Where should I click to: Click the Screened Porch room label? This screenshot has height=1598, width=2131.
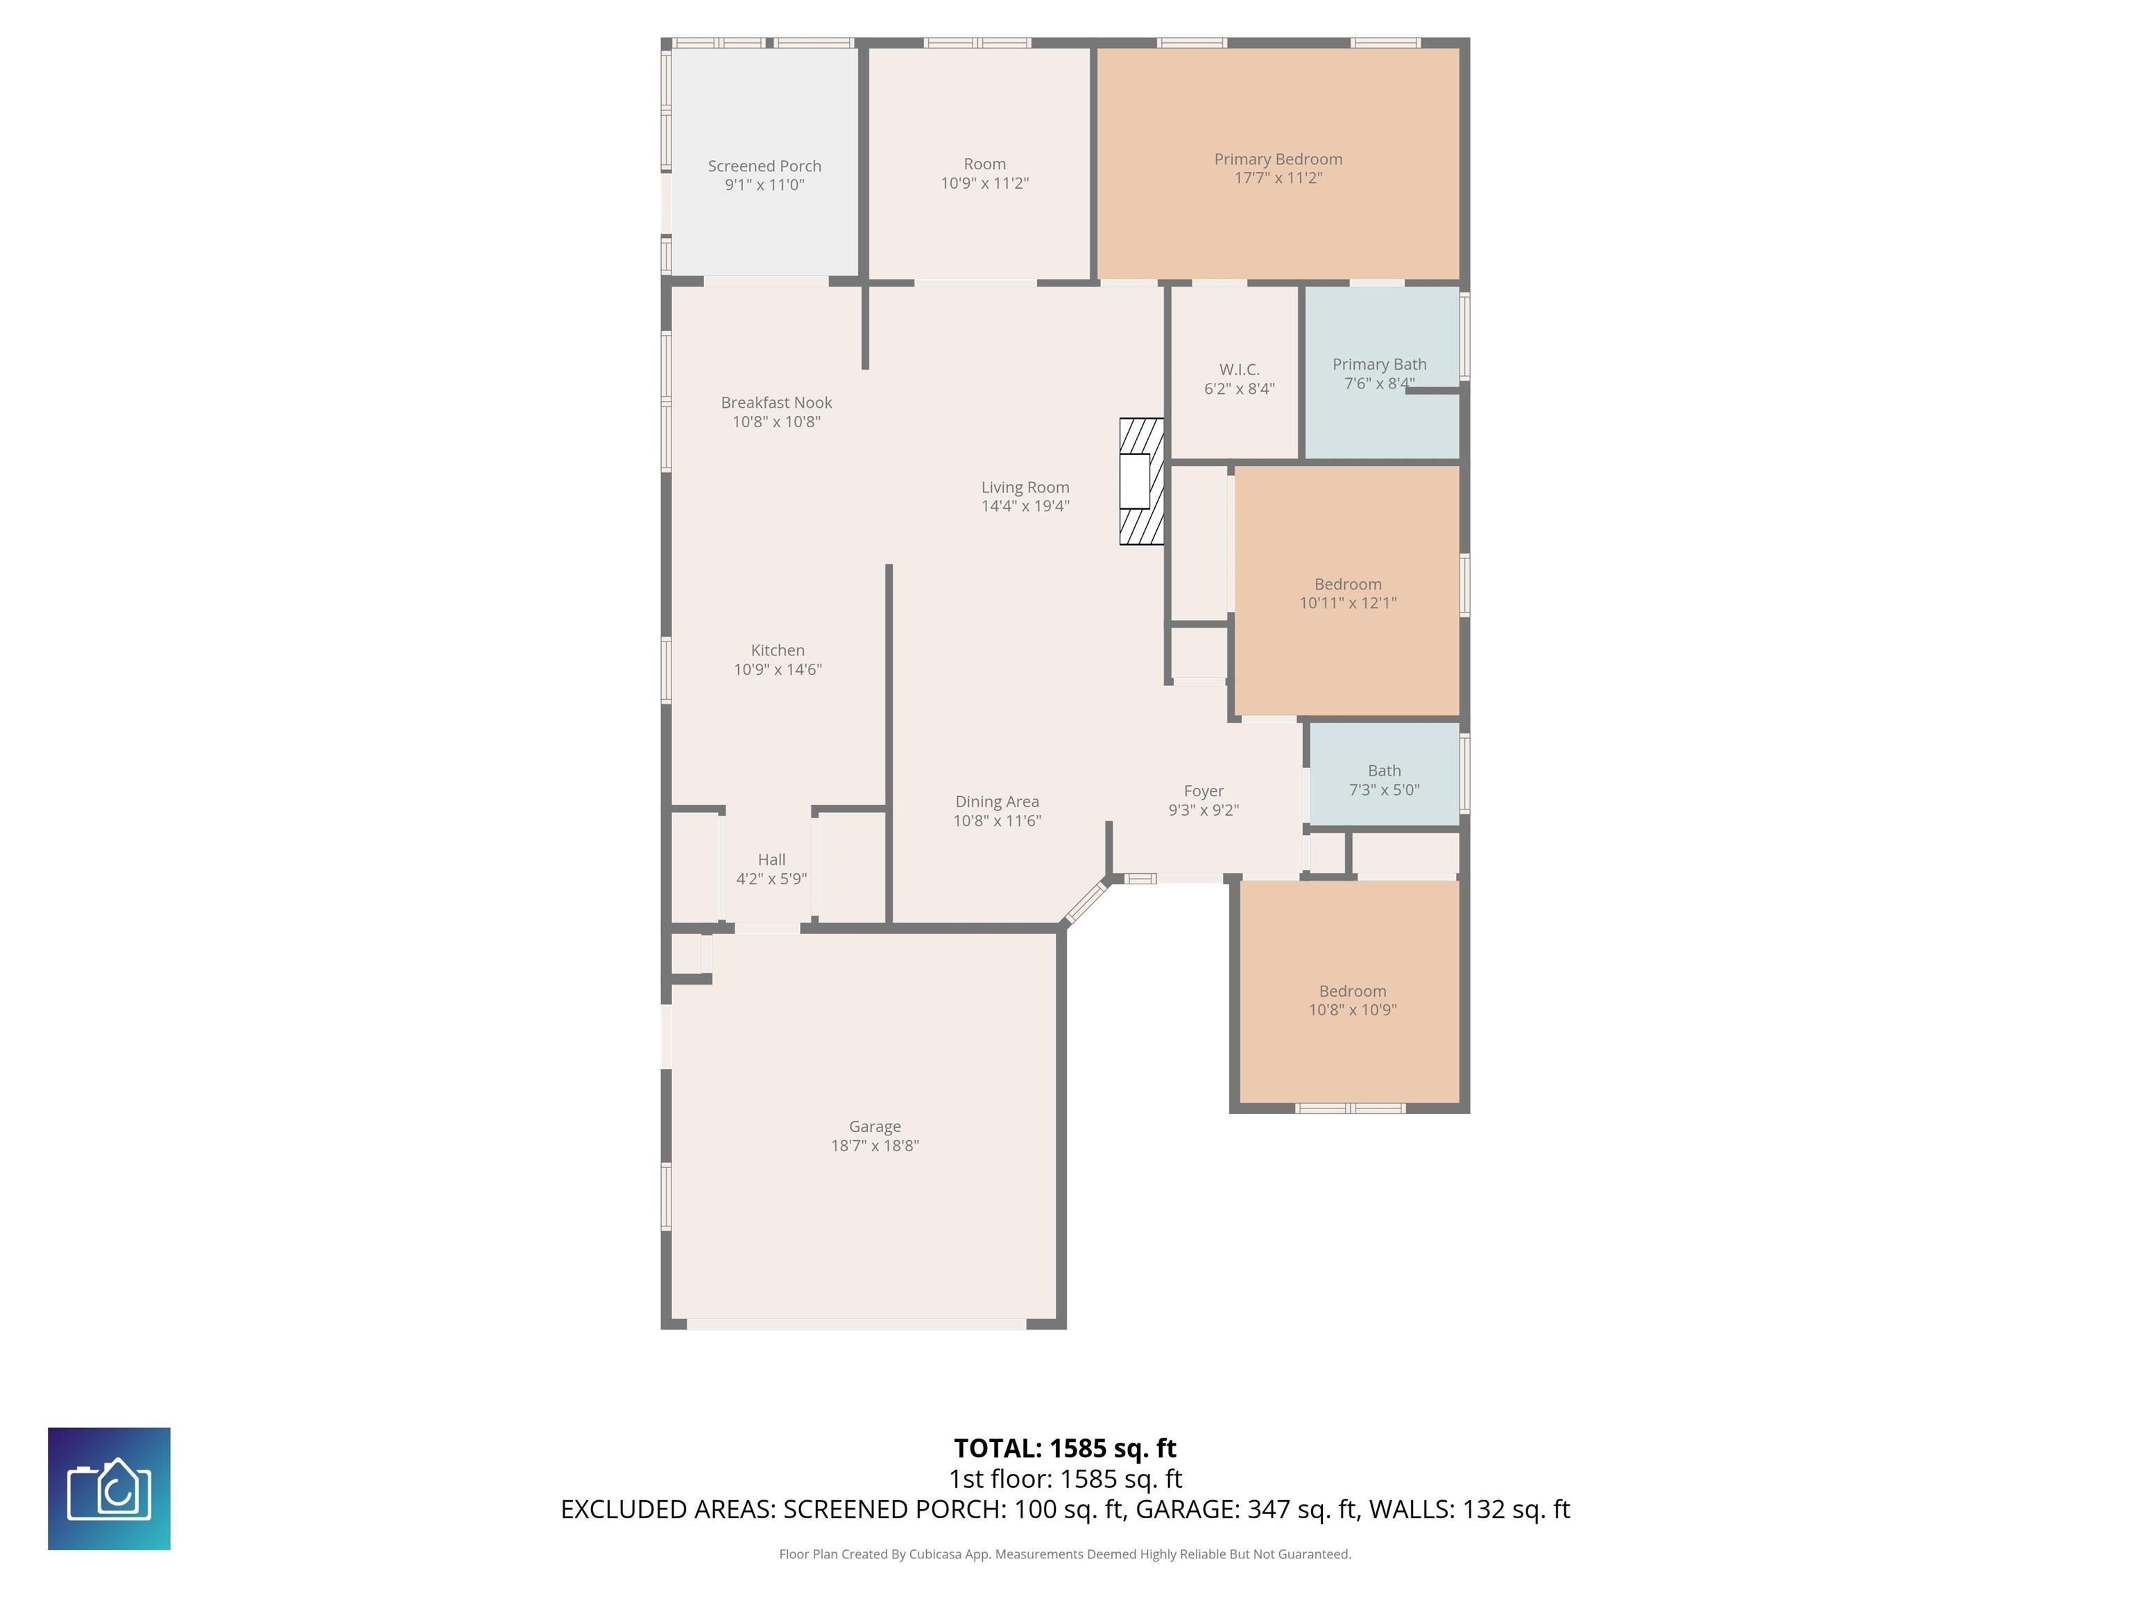(x=764, y=166)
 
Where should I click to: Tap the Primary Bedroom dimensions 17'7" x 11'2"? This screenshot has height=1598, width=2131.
(x=1278, y=178)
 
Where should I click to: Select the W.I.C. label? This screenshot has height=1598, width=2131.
(x=1239, y=370)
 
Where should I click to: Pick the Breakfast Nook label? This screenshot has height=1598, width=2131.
(x=776, y=403)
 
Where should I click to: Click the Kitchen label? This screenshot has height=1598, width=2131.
(x=778, y=650)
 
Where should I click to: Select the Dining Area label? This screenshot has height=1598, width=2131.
(x=997, y=801)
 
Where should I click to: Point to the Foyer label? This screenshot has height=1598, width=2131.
(x=1204, y=791)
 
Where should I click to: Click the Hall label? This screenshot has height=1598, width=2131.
(x=771, y=859)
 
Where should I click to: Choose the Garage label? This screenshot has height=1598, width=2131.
(x=875, y=1126)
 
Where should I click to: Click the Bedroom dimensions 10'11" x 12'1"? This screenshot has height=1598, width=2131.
(x=1348, y=603)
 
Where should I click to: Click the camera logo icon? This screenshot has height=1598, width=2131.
(x=109, y=1488)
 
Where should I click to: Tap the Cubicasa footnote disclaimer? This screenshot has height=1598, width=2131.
(x=1065, y=1554)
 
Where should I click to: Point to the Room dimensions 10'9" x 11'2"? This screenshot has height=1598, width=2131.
(x=984, y=183)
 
